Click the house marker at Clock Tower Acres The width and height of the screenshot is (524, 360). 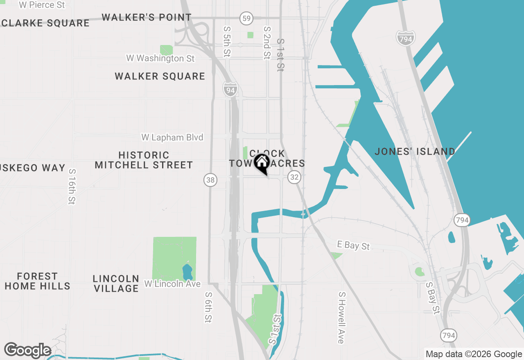click(x=262, y=163)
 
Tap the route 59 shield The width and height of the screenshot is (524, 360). click(x=246, y=18)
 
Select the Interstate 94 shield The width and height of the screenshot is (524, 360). click(x=230, y=90)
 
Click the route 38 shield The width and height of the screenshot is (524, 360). click(x=210, y=179)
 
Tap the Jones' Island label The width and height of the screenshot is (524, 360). click(x=415, y=152)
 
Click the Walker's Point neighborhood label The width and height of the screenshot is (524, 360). click(x=147, y=18)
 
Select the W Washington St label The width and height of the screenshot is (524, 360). click(x=160, y=59)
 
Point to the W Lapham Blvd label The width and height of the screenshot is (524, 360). click(x=172, y=137)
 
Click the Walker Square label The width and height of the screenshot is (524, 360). click(x=160, y=76)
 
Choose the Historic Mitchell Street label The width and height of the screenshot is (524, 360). click(x=144, y=160)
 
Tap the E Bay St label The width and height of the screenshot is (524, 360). click(x=353, y=245)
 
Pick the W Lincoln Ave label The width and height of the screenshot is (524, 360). click(x=172, y=284)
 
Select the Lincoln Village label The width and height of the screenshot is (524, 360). click(x=116, y=283)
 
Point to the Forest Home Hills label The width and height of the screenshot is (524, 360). click(x=37, y=281)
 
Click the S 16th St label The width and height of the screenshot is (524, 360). click(x=72, y=187)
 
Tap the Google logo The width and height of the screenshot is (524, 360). click(x=27, y=351)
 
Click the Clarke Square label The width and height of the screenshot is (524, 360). click(x=45, y=23)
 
